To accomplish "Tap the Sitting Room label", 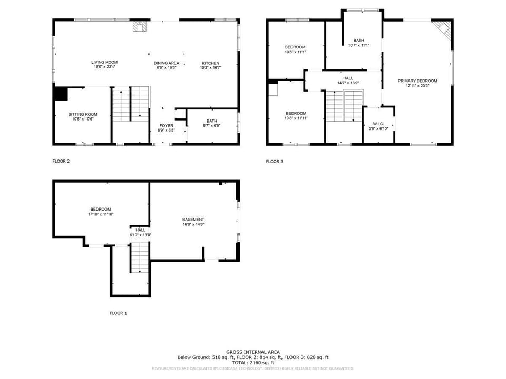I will (83, 114).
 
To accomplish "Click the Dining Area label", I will (167, 63).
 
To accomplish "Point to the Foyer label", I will (167, 126).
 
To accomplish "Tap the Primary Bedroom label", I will (417, 81).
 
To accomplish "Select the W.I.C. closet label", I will (378, 124).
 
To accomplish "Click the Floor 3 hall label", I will (348, 78).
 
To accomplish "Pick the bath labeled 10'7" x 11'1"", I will (358, 45).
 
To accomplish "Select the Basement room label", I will (193, 220).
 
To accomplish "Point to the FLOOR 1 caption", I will (118, 313).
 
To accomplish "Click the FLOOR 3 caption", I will (275, 162).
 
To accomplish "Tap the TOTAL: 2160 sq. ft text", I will (253, 363).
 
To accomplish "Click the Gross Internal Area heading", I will (253, 352).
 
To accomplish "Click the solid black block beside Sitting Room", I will (60, 93).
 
